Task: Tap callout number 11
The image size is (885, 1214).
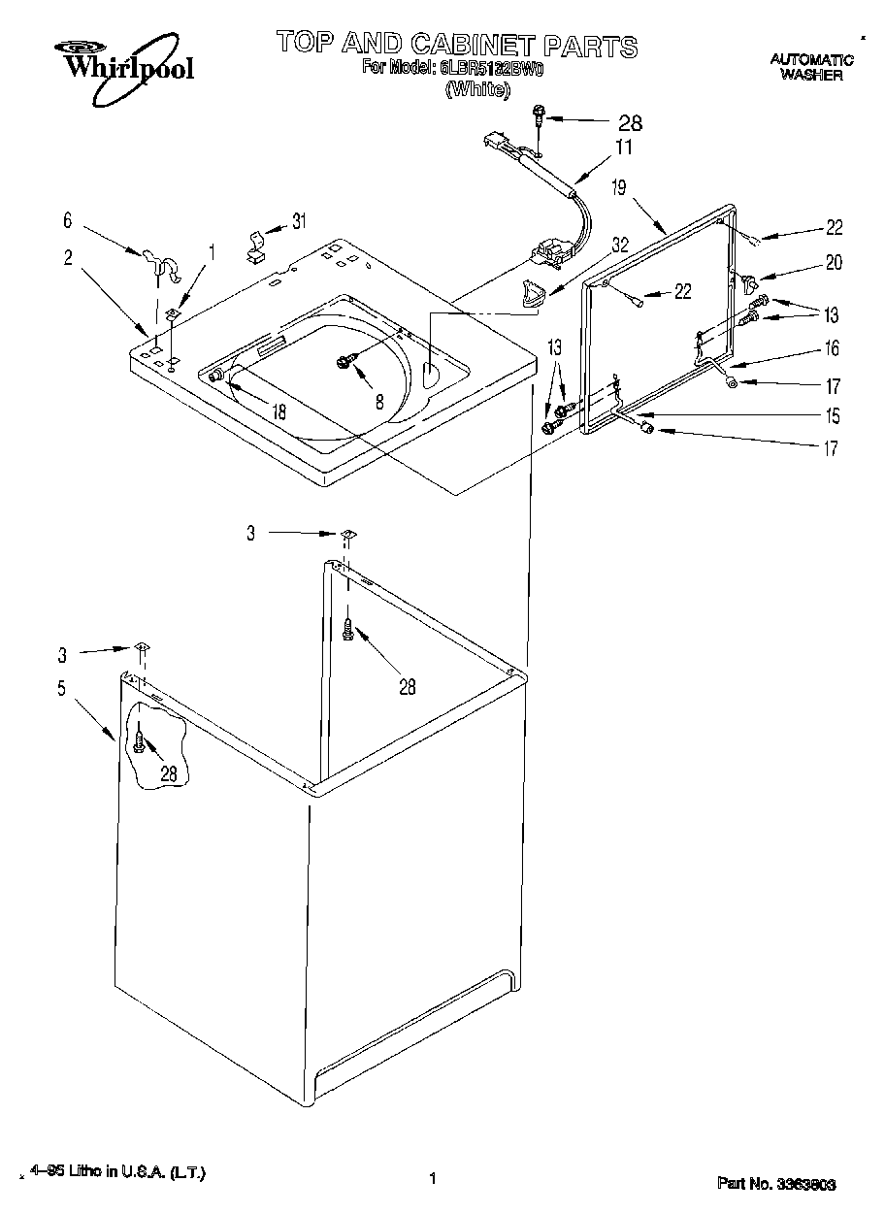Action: [622, 148]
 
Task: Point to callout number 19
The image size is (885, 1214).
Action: [619, 188]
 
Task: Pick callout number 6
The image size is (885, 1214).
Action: [68, 222]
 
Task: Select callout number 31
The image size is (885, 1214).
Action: [298, 221]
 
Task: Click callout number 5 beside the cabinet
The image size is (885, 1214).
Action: [62, 689]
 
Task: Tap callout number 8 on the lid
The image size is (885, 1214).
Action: [379, 399]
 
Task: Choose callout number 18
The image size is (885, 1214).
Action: [279, 411]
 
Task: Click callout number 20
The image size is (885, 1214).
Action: [833, 262]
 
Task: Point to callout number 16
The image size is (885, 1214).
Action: [832, 348]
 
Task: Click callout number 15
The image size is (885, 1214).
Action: [832, 416]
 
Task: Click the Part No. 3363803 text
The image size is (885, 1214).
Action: [776, 1184]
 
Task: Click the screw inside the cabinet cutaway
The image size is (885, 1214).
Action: [141, 744]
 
